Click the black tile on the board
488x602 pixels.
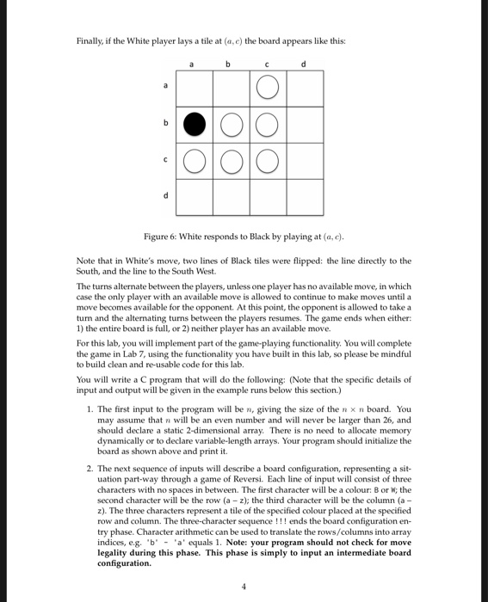[x=194, y=126]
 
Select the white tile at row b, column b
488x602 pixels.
[x=232, y=126]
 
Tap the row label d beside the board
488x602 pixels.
[x=155, y=196]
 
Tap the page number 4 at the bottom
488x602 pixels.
[x=244, y=588]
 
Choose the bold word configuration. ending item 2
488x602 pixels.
[x=126, y=564]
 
